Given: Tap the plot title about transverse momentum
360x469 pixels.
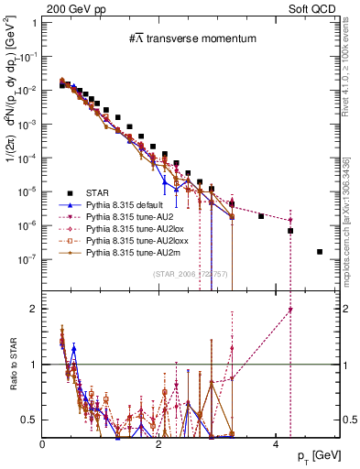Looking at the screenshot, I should point(191,38).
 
